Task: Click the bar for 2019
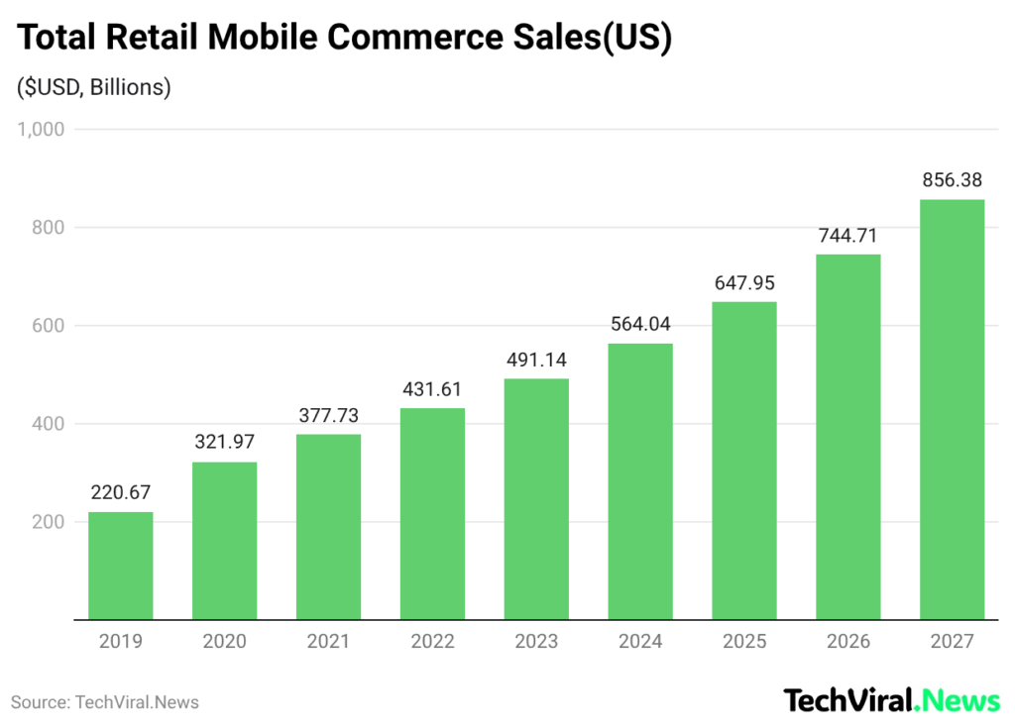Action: coord(121,566)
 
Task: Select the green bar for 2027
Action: coord(952,409)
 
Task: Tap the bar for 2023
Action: coord(536,499)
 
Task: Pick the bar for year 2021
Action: coord(328,527)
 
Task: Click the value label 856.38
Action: coord(952,180)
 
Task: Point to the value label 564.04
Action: coord(640,324)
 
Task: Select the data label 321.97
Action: coord(224,443)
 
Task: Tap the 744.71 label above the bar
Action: coord(847,235)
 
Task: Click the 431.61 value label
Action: coord(432,388)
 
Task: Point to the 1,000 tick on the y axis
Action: coord(40,129)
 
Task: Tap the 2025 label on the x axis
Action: coord(744,642)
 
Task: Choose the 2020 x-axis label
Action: coord(224,642)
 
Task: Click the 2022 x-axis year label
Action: coord(432,642)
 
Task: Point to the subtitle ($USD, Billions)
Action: coord(94,87)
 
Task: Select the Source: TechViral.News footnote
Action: coord(105,702)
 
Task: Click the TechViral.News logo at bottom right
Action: coord(892,701)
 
